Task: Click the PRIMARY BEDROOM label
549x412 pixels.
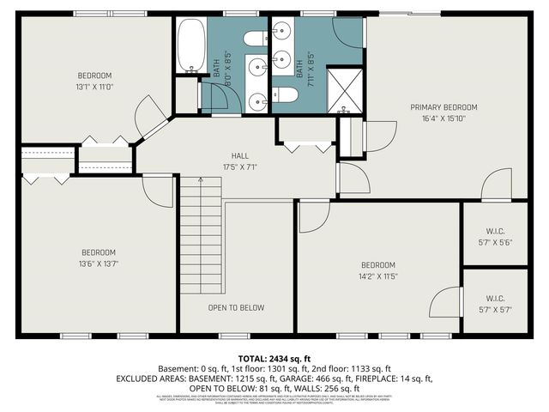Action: [x=443, y=107]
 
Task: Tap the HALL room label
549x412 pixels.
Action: [x=227, y=155]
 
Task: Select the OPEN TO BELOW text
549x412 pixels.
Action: [x=236, y=307]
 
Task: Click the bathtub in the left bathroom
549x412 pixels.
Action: [x=190, y=46]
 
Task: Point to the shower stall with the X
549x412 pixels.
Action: [x=347, y=94]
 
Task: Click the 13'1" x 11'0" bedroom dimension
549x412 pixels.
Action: [x=95, y=86]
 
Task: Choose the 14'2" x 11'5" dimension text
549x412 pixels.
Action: [x=377, y=276]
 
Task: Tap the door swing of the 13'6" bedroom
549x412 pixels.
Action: [x=158, y=191]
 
